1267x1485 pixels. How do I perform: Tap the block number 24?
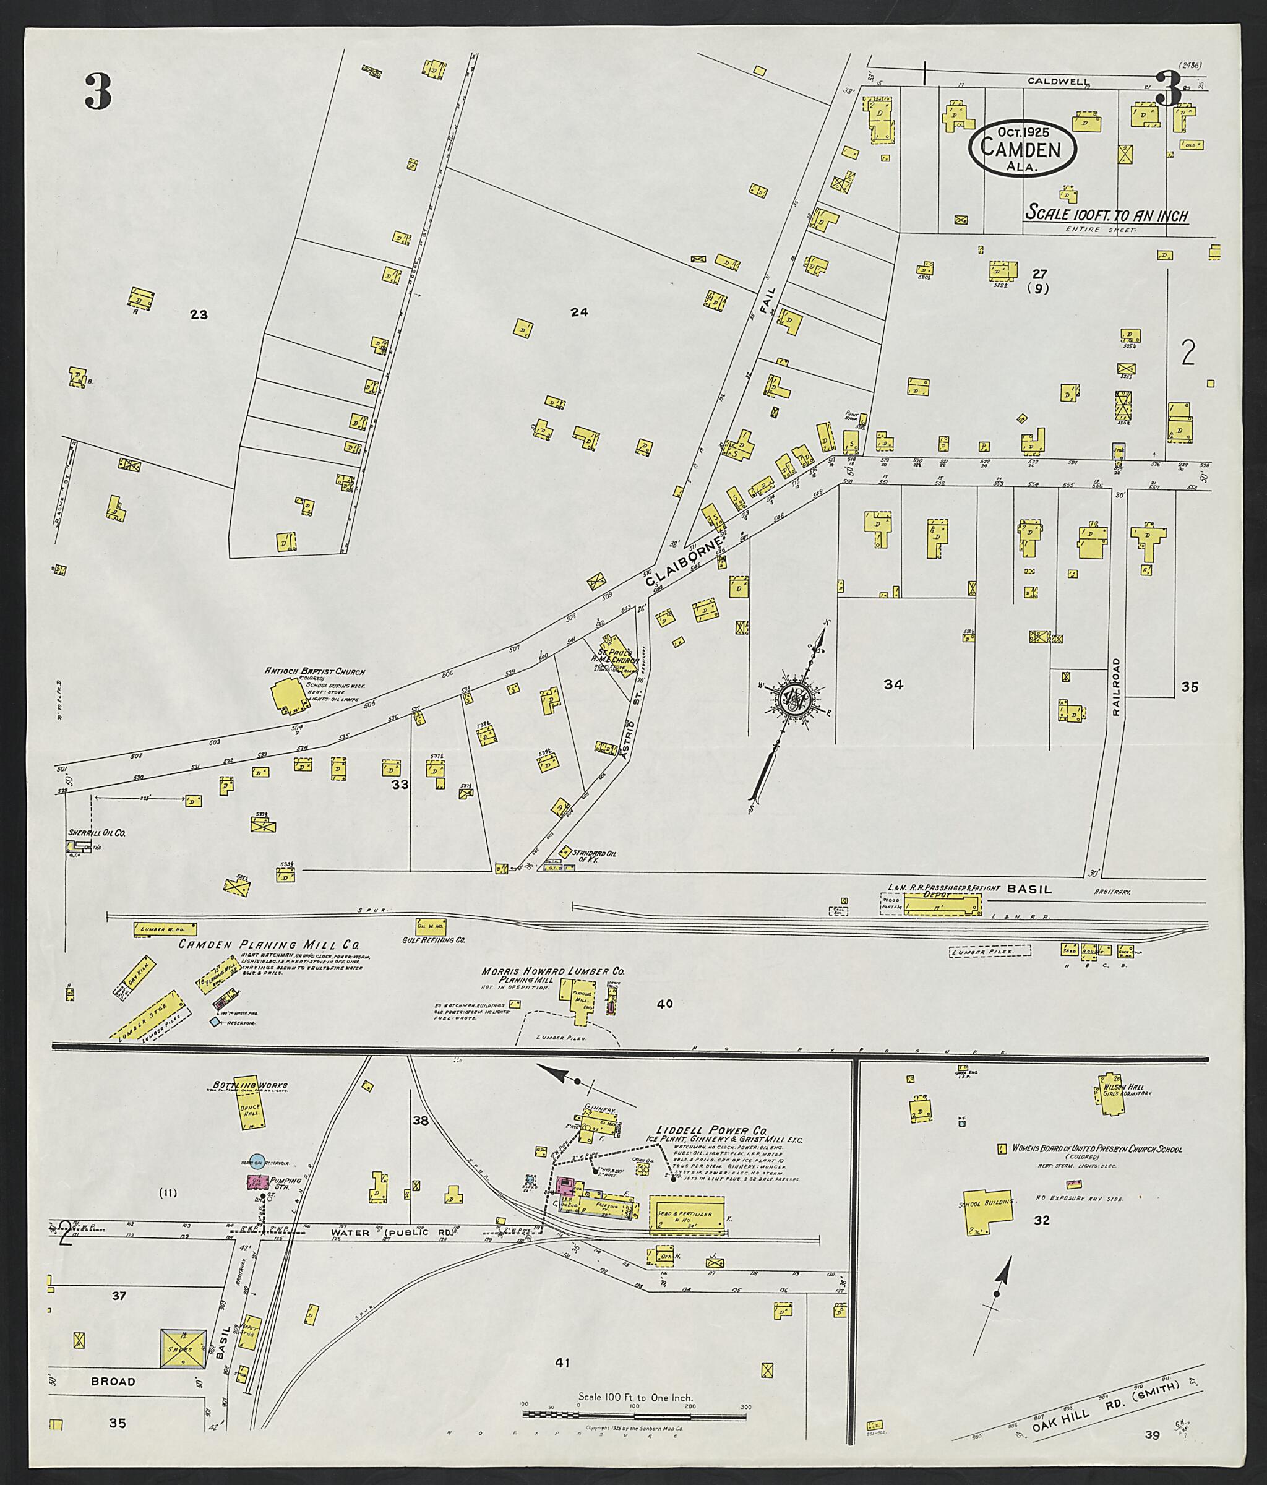tap(579, 312)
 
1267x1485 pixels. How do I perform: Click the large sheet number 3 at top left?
tap(98, 92)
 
